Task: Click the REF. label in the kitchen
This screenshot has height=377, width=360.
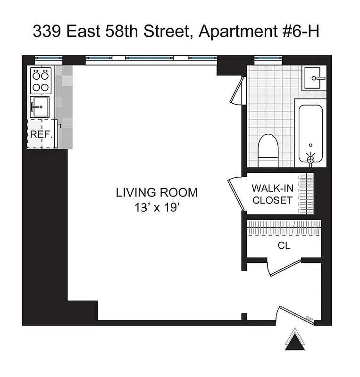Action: (41, 134)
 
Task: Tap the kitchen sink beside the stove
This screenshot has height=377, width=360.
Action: (39, 107)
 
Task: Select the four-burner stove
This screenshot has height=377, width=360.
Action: (41, 81)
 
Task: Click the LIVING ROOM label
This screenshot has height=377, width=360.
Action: (157, 192)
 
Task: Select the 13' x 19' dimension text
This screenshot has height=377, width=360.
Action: (157, 208)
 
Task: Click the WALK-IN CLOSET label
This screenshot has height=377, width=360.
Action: (272, 194)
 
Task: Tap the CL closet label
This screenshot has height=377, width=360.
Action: (284, 246)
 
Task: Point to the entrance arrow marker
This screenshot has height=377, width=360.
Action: (296, 340)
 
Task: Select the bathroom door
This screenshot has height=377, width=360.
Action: (237, 90)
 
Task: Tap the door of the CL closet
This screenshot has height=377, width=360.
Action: (283, 268)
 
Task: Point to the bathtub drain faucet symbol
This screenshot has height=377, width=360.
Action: (310, 159)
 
